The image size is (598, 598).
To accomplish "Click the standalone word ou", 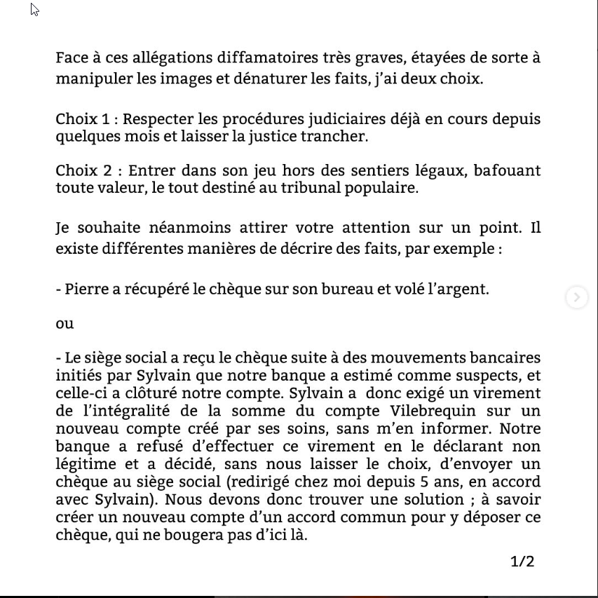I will coord(64,324).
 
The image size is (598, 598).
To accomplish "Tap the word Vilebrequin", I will coord(413,411).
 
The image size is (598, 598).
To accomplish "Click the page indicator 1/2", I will coord(522,562).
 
